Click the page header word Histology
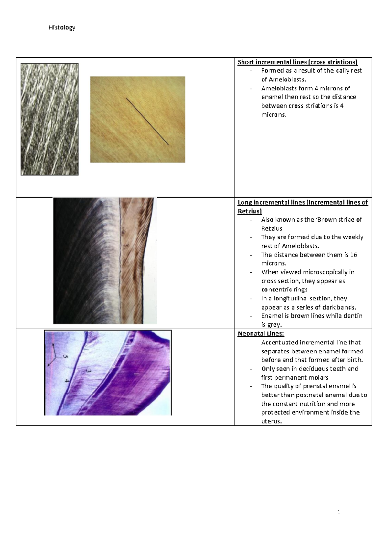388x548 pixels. click(x=62, y=27)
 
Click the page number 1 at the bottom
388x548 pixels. click(x=339, y=512)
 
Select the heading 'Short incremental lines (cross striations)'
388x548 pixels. click(x=297, y=62)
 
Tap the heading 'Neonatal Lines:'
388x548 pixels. click(x=261, y=334)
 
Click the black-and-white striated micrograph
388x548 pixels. click(x=49, y=119)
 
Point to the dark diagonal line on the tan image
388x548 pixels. click(x=147, y=121)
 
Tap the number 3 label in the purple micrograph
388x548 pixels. click(x=88, y=371)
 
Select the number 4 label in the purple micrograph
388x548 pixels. click(x=67, y=381)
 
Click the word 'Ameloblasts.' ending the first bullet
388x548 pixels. click(x=283, y=79)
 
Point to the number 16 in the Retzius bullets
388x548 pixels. click(x=353, y=255)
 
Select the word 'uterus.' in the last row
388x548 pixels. click(x=271, y=421)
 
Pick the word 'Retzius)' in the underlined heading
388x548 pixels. click(x=249, y=211)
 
